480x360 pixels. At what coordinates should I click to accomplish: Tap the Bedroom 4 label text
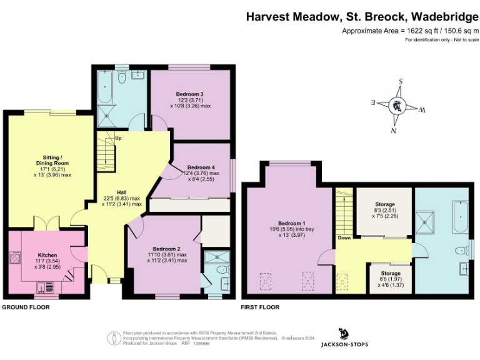point(201,167)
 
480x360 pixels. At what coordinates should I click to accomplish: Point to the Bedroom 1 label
point(291,223)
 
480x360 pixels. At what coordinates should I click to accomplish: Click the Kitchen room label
point(47,256)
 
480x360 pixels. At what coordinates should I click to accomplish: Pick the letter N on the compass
point(394,130)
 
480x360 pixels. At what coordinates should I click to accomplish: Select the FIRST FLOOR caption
point(260,307)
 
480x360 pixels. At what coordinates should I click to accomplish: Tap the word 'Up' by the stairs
point(118,138)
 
